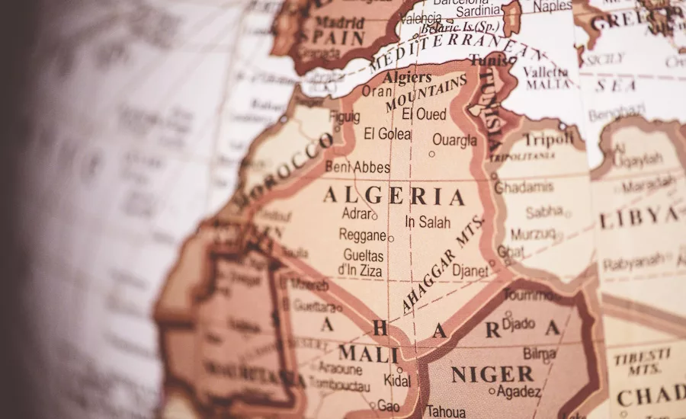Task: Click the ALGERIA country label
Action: point(393,196)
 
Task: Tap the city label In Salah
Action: point(428,222)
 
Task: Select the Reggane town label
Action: point(362,235)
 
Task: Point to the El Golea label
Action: point(387,134)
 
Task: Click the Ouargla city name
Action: point(454,139)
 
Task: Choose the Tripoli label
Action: point(547,139)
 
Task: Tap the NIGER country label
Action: point(492,374)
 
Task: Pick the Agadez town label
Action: point(518,392)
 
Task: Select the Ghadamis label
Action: point(524,187)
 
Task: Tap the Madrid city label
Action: point(339,22)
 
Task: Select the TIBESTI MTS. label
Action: point(643,362)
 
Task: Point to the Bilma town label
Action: point(540,353)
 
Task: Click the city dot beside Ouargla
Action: point(431,154)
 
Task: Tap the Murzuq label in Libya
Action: point(533,234)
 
